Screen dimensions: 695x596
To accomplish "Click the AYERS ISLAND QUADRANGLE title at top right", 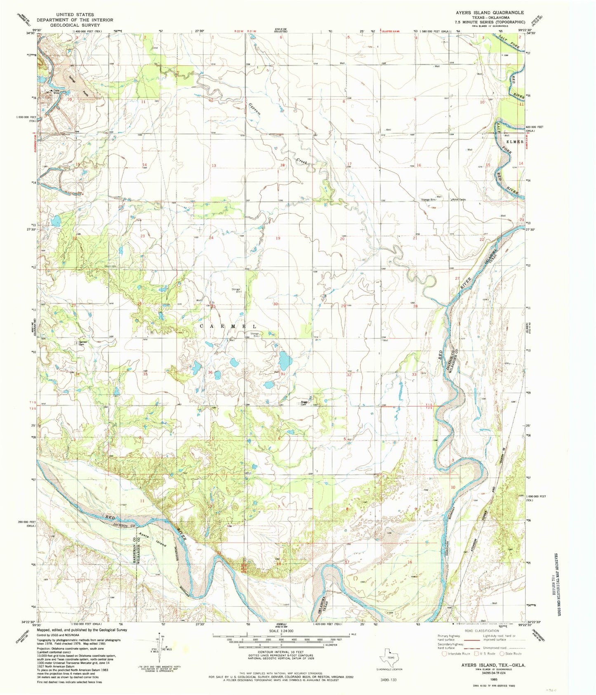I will (490, 13).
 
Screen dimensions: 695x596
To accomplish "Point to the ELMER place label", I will (514, 141).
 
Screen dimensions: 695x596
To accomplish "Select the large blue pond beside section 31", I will (284, 361).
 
